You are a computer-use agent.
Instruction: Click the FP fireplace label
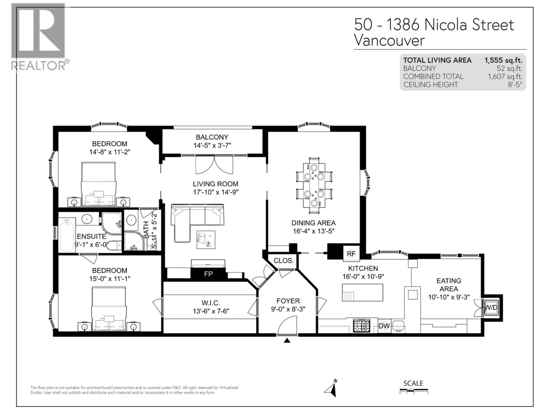pos(208,274)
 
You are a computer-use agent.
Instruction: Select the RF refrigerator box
pos(351,254)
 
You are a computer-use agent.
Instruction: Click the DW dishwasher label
pos(384,326)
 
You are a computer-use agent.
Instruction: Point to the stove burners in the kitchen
pos(361,325)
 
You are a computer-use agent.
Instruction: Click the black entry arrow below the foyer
pos(287,341)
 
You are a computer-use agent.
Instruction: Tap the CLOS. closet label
pos(284,261)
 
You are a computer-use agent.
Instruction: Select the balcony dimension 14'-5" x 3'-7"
pos(212,146)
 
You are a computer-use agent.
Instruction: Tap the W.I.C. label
pos(210,303)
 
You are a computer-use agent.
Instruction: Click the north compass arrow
pos(331,389)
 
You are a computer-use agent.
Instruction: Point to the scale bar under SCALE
pos(413,391)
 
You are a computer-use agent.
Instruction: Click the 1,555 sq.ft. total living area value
pos(503,60)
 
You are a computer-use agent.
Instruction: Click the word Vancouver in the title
pos(389,41)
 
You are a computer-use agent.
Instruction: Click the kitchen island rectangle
pos(362,293)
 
